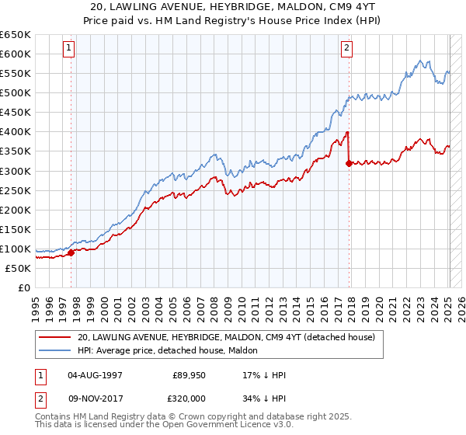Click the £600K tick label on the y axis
tap(16, 54)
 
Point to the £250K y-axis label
tap(16, 190)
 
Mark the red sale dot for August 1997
tap(71, 252)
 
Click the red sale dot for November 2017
tap(349, 162)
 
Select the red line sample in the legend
tap(54, 337)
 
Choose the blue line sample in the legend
tap(54, 350)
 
